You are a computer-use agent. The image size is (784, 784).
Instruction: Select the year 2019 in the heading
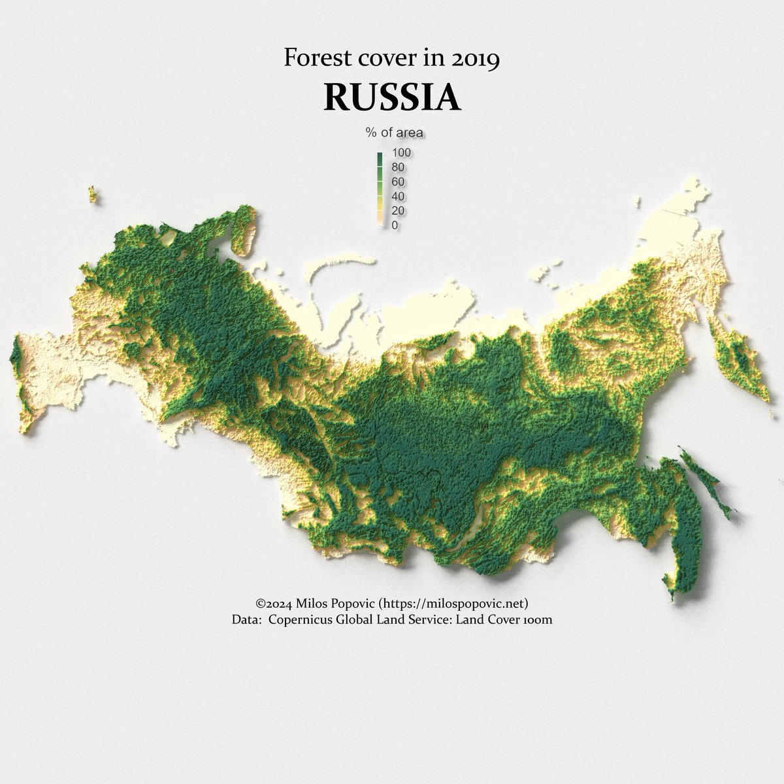coord(476,59)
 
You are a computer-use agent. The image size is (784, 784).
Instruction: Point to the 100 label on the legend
coord(400,152)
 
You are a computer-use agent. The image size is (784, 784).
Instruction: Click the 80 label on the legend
coord(398,167)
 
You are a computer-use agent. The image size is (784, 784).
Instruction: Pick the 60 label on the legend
coord(398,182)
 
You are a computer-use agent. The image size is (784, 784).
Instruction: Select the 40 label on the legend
coord(398,196)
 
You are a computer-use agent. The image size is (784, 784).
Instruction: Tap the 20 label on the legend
coord(398,210)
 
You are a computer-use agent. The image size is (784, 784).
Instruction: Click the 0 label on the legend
coord(395,225)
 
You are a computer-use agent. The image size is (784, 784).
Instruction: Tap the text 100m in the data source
coord(539,619)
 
